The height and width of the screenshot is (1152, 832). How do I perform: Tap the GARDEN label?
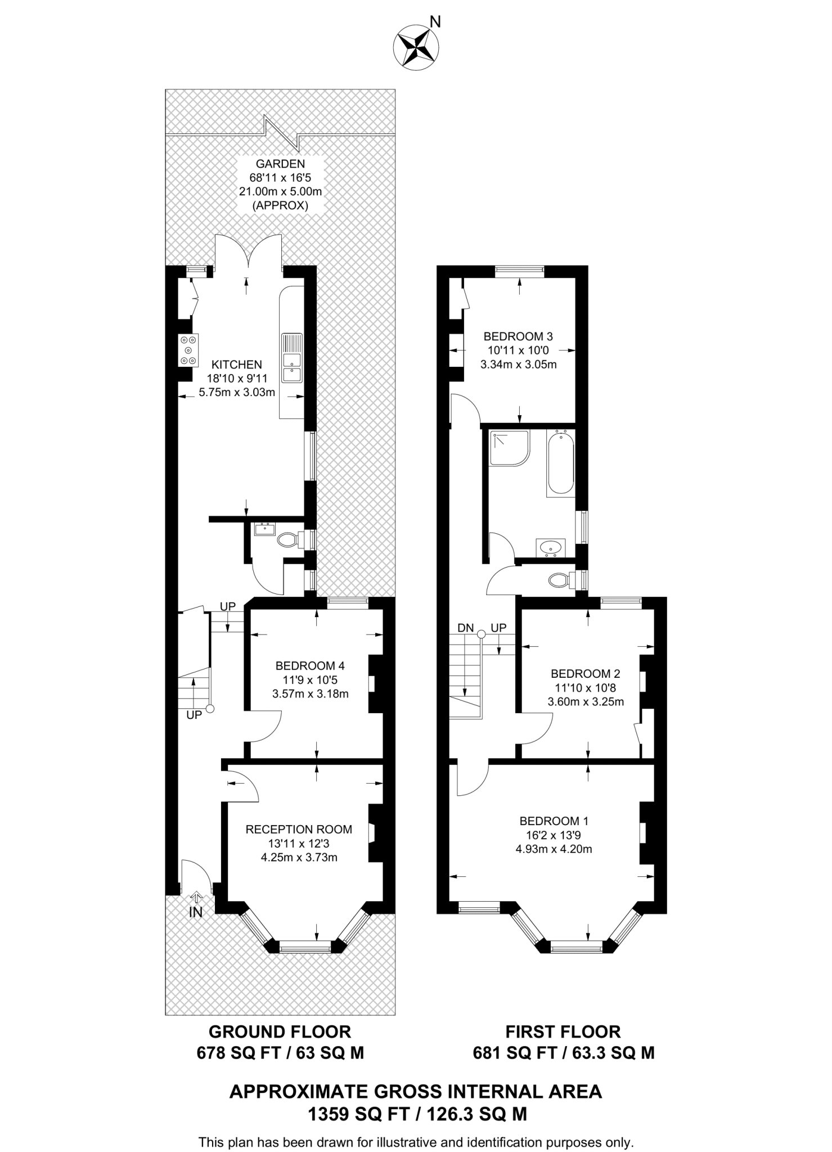click(x=280, y=164)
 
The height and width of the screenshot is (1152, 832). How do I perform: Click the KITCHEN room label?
click(x=237, y=364)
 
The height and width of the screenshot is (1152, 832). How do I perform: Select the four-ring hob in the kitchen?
click(x=188, y=350)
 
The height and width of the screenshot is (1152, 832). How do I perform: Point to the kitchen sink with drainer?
click(x=291, y=358)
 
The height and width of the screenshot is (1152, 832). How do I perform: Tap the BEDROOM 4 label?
click(x=310, y=666)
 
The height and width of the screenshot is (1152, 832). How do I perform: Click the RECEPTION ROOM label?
click(x=299, y=829)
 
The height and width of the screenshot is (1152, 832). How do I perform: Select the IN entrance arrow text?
click(x=195, y=912)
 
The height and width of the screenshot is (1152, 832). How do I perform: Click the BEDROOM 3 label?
click(x=518, y=336)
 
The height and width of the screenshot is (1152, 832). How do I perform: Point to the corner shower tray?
click(x=509, y=448)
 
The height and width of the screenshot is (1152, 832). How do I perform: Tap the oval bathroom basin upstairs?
click(x=550, y=546)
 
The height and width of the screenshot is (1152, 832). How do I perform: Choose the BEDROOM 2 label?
click(x=585, y=673)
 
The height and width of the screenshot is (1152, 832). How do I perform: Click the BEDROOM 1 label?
click(x=554, y=821)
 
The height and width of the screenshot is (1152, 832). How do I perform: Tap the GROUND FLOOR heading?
click(x=280, y=1032)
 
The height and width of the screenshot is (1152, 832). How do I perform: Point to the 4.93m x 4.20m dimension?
click(x=554, y=849)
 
